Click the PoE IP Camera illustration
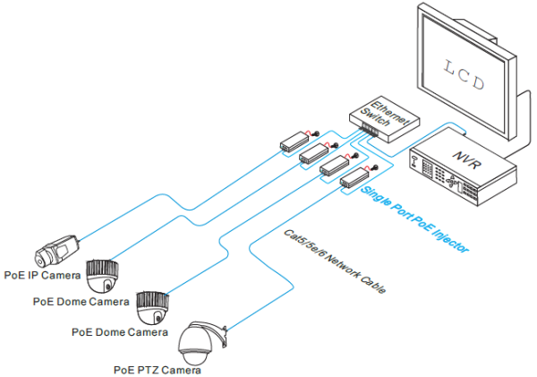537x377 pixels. pyautogui.click(x=57, y=244)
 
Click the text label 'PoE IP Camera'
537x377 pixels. pyautogui.click(x=40, y=274)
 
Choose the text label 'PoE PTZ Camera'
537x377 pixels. pyautogui.click(x=157, y=368)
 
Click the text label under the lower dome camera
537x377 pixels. pyautogui.click(x=119, y=332)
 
